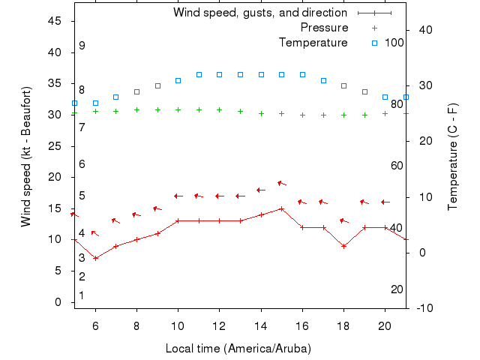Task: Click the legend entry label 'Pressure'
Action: point(324,28)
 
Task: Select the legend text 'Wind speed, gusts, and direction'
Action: point(259,13)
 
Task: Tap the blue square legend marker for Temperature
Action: point(374,43)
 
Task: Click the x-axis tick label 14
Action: point(261,326)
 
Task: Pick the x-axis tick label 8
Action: point(136,326)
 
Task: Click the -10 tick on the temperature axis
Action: point(422,308)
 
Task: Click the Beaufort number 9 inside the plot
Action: point(82,46)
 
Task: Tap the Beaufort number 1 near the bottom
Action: point(82,295)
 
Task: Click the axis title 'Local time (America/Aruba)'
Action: point(238,349)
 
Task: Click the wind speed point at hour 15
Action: point(281,208)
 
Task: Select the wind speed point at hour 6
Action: point(95,258)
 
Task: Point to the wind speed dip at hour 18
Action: point(343,246)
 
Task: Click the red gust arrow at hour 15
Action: point(282,183)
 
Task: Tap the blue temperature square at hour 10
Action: point(178,80)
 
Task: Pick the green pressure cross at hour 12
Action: point(219,109)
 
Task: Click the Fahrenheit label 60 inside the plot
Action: point(397,166)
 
